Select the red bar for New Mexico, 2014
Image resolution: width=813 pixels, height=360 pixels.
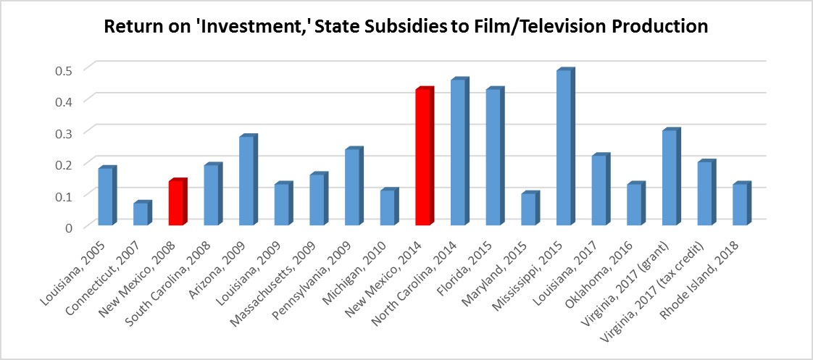(x=423, y=158)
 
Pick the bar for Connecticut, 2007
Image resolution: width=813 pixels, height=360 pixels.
(x=141, y=214)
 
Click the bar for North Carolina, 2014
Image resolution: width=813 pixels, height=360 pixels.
(x=459, y=153)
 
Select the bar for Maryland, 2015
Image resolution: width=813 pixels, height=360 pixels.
(x=529, y=210)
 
